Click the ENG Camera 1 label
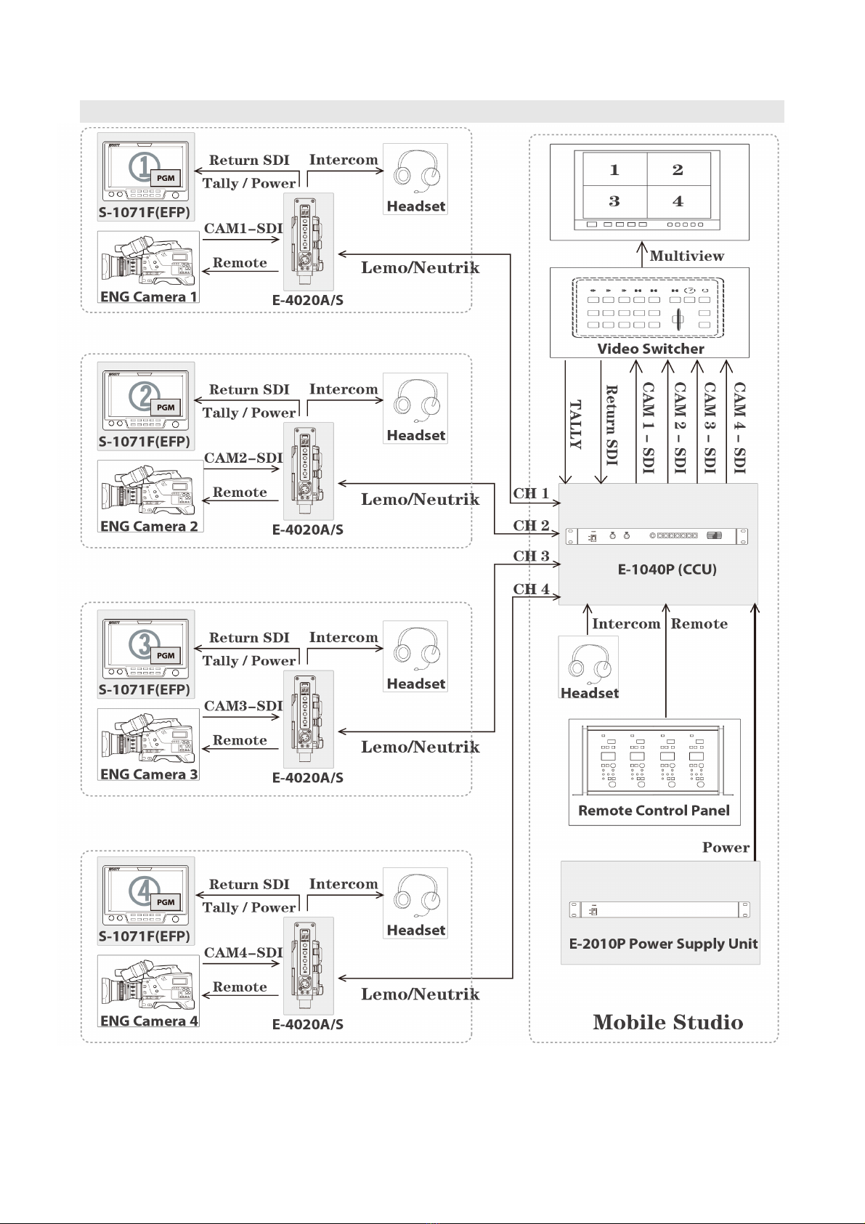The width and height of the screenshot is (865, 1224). point(148,297)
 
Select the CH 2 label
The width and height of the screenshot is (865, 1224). point(531,525)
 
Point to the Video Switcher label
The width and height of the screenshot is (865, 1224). point(650,349)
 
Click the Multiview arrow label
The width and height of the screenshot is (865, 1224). point(686,256)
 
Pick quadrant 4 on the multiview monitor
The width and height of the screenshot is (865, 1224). point(678,201)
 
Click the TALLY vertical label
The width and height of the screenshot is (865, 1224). point(575,425)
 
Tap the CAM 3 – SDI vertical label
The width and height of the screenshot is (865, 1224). point(710,428)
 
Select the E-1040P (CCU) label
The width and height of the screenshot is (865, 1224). point(667,570)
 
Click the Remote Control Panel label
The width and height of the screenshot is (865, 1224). point(654,811)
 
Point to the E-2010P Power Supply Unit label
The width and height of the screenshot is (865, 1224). point(663,944)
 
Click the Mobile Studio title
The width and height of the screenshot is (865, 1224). point(667,1023)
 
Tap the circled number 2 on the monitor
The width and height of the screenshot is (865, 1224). point(143,395)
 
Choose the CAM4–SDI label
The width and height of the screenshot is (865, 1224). point(243,952)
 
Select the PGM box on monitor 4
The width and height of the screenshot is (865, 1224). point(166,902)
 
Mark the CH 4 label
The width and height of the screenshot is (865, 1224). point(531,589)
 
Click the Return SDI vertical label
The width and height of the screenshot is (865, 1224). point(612,425)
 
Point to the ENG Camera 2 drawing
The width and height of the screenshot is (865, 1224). point(149,489)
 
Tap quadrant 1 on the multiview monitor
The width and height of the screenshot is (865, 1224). point(614,170)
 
